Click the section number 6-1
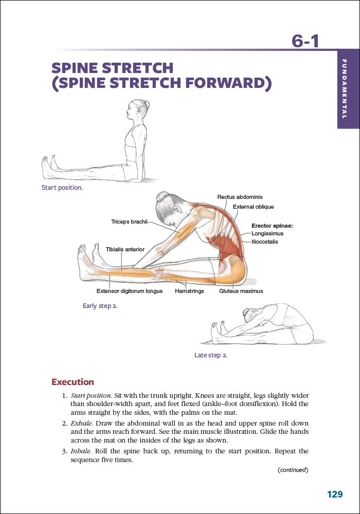coord(305,40)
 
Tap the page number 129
coord(335,494)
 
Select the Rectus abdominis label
coord(240,197)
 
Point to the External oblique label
coord(253,207)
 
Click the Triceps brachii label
coord(129,222)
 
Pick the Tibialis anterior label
coord(125,249)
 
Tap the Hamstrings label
coord(189,291)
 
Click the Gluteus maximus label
coord(241,291)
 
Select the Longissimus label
coord(267,233)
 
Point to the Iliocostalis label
coord(265,242)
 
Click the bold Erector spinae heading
coord(272,225)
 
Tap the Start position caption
coord(62,188)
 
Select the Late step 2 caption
coord(210,355)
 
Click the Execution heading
coord(73,382)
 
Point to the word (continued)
coord(293,470)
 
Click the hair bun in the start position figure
coord(147,105)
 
